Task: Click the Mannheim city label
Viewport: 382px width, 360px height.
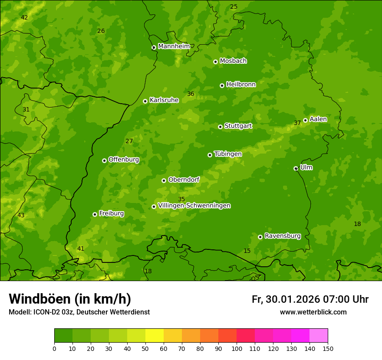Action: click(174, 46)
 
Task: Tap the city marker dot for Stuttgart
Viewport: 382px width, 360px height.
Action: click(220, 127)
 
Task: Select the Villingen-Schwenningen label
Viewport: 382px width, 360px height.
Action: click(194, 206)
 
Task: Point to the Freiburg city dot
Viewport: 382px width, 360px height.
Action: click(95, 214)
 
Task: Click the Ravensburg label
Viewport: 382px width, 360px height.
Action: click(282, 236)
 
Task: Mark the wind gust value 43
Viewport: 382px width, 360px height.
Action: click(21, 216)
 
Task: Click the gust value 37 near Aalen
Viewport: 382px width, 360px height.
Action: click(297, 123)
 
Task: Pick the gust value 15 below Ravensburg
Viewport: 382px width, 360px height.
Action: click(247, 251)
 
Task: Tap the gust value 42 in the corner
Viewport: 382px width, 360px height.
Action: click(24, 17)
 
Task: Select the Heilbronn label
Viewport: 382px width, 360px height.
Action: click(241, 85)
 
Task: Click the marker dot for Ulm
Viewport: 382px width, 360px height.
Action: click(296, 168)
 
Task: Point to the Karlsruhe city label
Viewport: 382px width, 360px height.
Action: click(164, 100)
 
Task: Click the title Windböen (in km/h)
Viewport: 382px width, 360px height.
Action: click(70, 299)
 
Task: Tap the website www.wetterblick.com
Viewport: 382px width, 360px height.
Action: click(313, 312)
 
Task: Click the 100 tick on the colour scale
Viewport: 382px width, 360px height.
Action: click(237, 348)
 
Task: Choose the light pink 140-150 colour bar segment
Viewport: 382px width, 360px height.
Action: click(319, 336)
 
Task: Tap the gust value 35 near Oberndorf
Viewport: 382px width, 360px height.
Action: click(181, 199)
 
